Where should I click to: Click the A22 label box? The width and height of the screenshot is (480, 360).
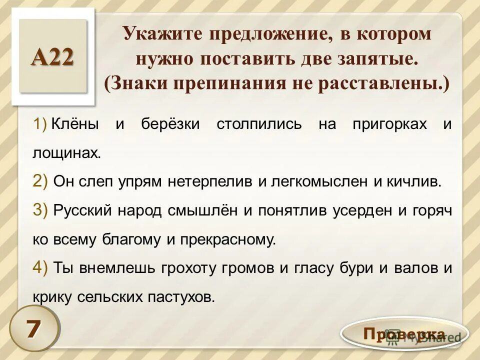(x=53, y=56)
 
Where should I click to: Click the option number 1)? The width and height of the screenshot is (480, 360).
(x=39, y=124)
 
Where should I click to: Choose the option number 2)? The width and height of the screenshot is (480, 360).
(x=40, y=181)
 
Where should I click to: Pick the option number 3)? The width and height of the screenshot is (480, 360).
(x=40, y=210)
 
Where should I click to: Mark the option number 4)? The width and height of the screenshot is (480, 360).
(x=40, y=268)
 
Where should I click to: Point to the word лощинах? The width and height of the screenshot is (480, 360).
(x=66, y=153)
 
